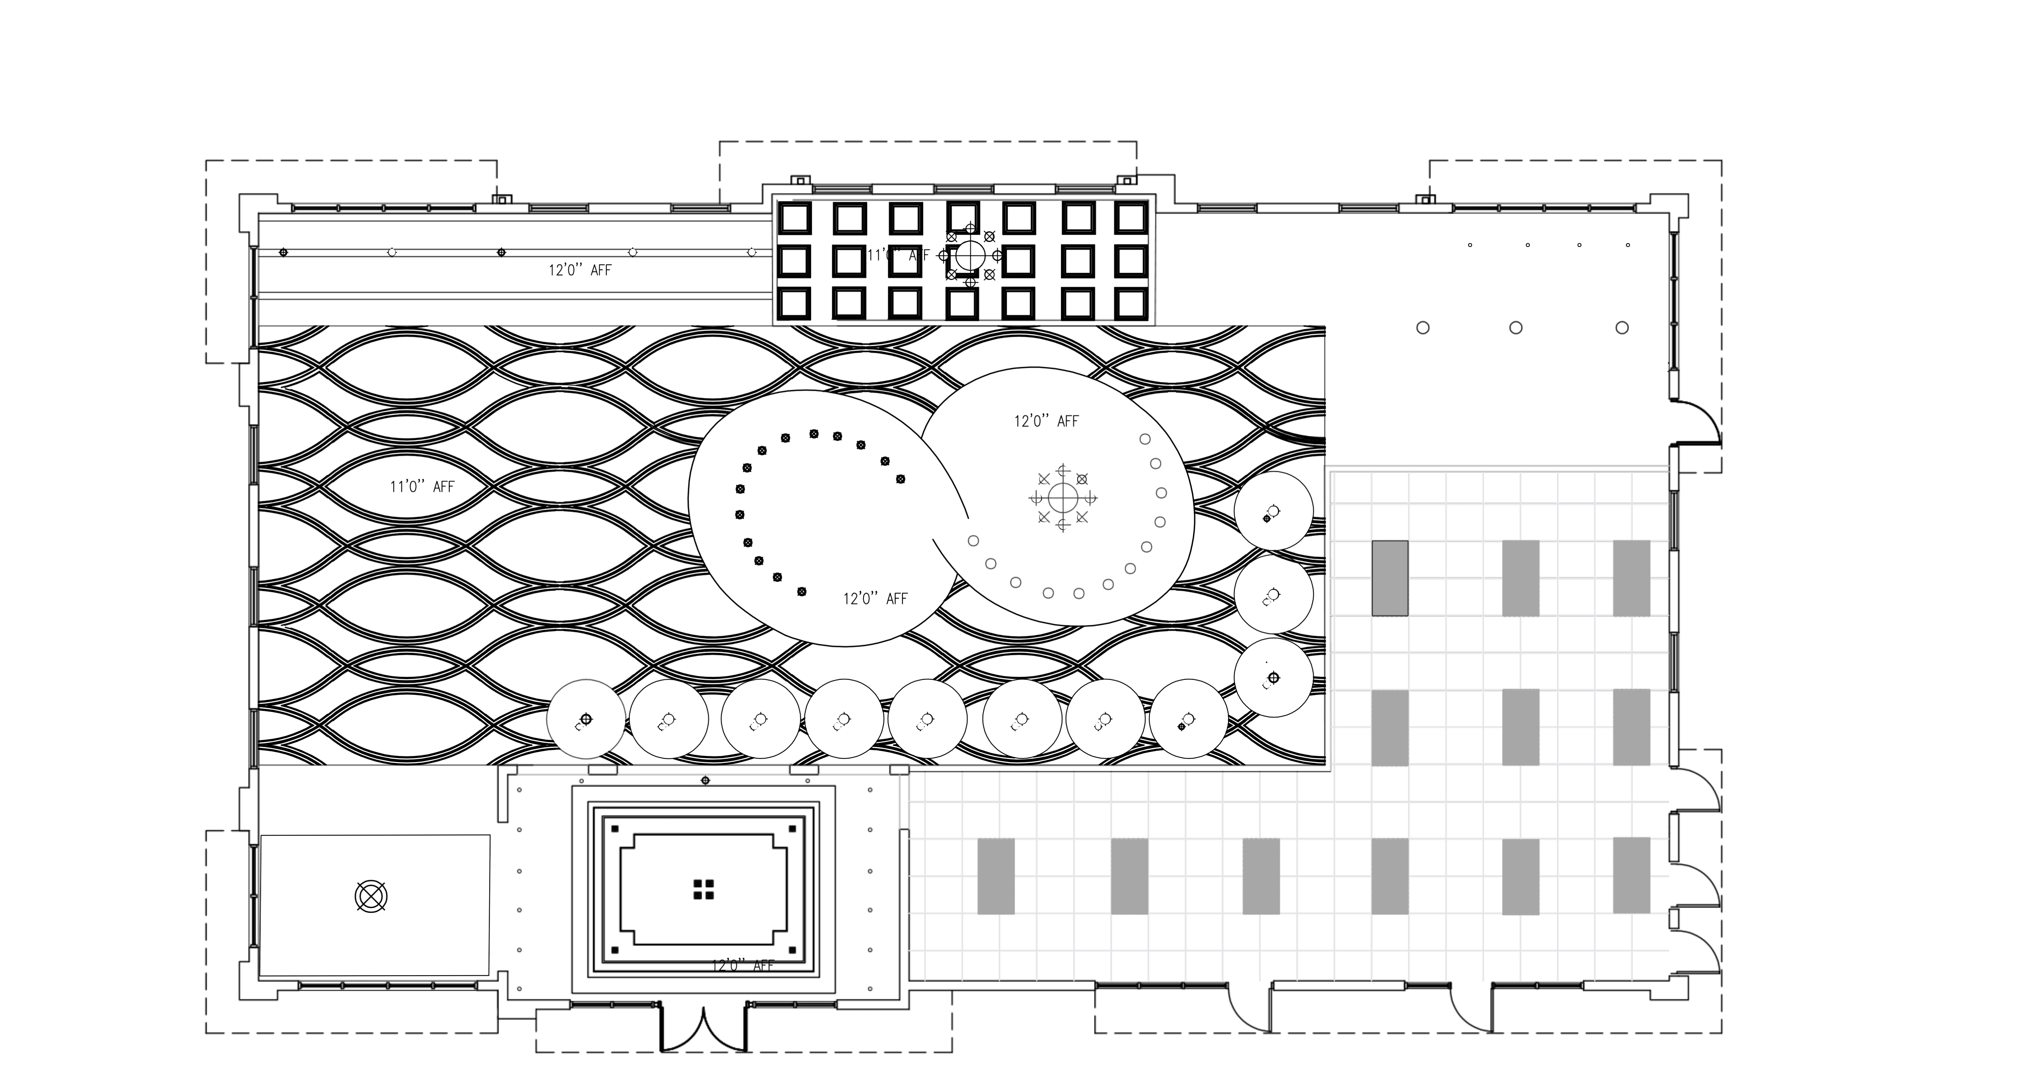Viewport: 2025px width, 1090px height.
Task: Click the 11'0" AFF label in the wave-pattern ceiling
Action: [422, 487]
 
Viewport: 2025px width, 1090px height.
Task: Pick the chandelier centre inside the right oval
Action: [1063, 497]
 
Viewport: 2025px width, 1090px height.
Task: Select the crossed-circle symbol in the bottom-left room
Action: [371, 896]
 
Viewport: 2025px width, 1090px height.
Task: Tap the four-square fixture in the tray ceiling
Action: [704, 889]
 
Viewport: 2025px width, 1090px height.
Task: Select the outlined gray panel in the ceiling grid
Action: [1390, 578]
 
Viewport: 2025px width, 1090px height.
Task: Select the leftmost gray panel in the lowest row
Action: [996, 876]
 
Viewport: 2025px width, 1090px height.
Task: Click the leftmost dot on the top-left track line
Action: [283, 252]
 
